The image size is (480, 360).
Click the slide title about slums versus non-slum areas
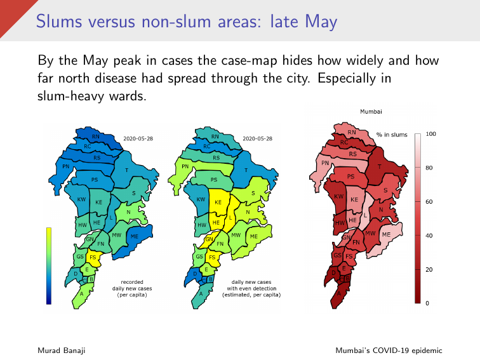point(186,22)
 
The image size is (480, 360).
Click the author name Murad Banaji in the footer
point(62,350)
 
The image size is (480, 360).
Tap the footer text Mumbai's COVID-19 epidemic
point(390,350)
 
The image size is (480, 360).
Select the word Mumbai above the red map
point(371,111)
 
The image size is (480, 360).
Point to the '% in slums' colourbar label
point(392,135)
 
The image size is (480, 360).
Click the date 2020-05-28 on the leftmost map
point(140,138)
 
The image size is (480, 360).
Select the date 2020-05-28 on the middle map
point(257,138)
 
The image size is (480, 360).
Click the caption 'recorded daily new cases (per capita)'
point(132,288)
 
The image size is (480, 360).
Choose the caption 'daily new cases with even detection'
point(251,288)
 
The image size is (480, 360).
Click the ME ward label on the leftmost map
point(134,236)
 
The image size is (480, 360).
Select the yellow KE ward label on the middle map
point(218,202)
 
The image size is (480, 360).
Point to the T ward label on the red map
point(380,167)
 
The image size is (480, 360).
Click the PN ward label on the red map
point(325,163)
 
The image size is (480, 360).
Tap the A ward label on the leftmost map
point(81,294)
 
